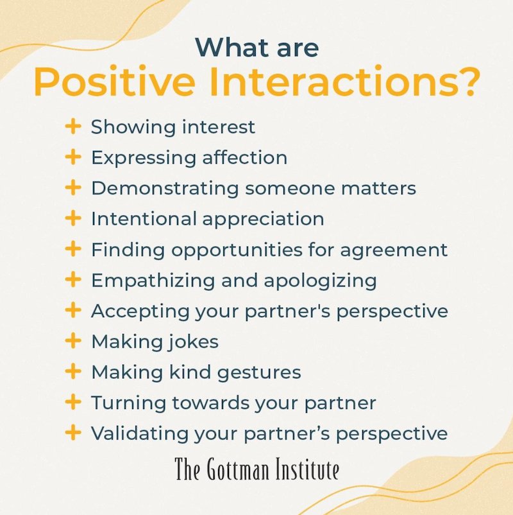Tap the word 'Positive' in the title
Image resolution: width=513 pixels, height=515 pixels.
pyautogui.click(x=115, y=82)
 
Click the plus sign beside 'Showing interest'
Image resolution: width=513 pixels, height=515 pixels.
pyautogui.click(x=73, y=127)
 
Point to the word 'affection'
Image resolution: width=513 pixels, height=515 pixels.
pyautogui.click(x=245, y=157)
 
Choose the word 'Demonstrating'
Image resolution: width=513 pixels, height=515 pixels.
pyautogui.click(x=165, y=189)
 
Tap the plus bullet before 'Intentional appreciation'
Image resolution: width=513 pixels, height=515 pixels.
pyautogui.click(x=73, y=218)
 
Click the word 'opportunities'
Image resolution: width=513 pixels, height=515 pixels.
pyautogui.click(x=237, y=250)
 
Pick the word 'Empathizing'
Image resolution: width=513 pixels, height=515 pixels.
pyautogui.click(x=153, y=281)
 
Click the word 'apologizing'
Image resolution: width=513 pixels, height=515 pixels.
pyautogui.click(x=320, y=281)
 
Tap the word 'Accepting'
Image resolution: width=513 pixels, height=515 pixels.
pyautogui.click(x=140, y=311)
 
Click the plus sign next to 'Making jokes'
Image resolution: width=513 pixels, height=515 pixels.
pyautogui.click(x=73, y=341)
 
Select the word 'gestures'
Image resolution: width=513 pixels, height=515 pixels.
pyautogui.click(x=259, y=373)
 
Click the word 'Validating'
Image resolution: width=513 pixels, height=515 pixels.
pyautogui.click(x=140, y=433)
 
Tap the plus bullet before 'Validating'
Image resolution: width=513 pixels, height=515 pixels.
pyautogui.click(x=73, y=433)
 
